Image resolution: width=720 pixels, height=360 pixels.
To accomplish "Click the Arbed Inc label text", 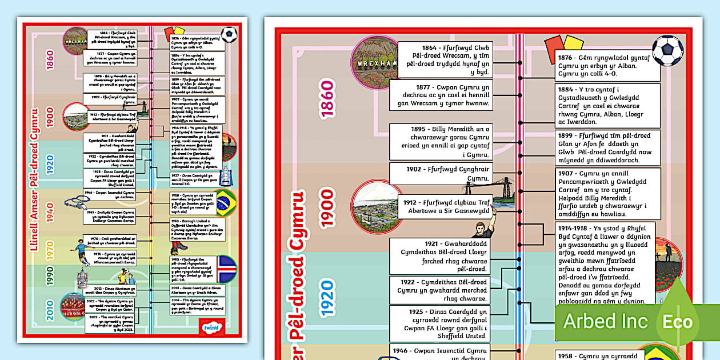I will pyautogui.click(x=606, y=322).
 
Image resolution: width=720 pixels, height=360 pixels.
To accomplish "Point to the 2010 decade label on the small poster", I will pyautogui.click(x=50, y=310).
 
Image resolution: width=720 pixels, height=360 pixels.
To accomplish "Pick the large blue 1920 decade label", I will pyautogui.click(x=327, y=298).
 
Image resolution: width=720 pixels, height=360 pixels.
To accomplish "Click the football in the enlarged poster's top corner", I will pyautogui.click(x=667, y=50).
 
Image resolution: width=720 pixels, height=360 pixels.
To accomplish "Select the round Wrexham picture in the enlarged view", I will pyautogui.click(x=374, y=62).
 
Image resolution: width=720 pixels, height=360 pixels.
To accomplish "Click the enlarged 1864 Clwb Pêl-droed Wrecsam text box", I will pyautogui.click(x=445, y=59).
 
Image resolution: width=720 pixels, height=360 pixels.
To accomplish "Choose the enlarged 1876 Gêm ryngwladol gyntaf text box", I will pyautogui.click(x=607, y=65).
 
